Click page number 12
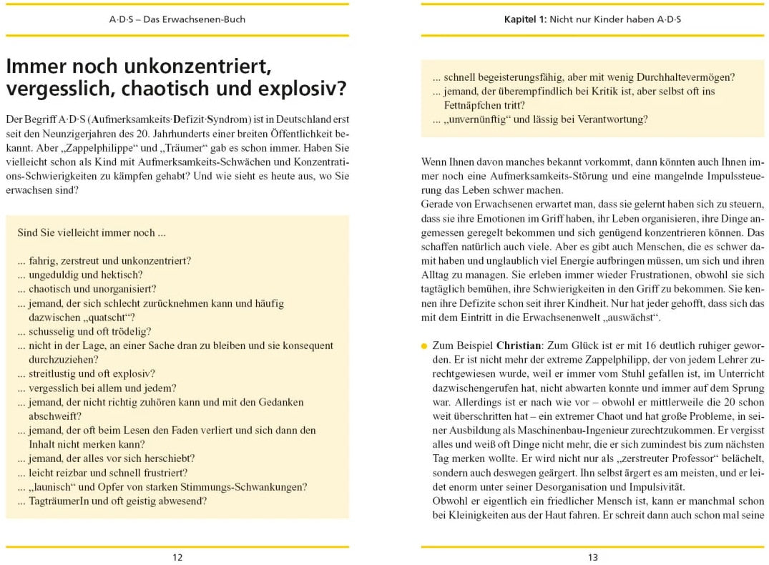177,557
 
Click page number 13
592,557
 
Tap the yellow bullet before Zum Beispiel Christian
424,345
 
